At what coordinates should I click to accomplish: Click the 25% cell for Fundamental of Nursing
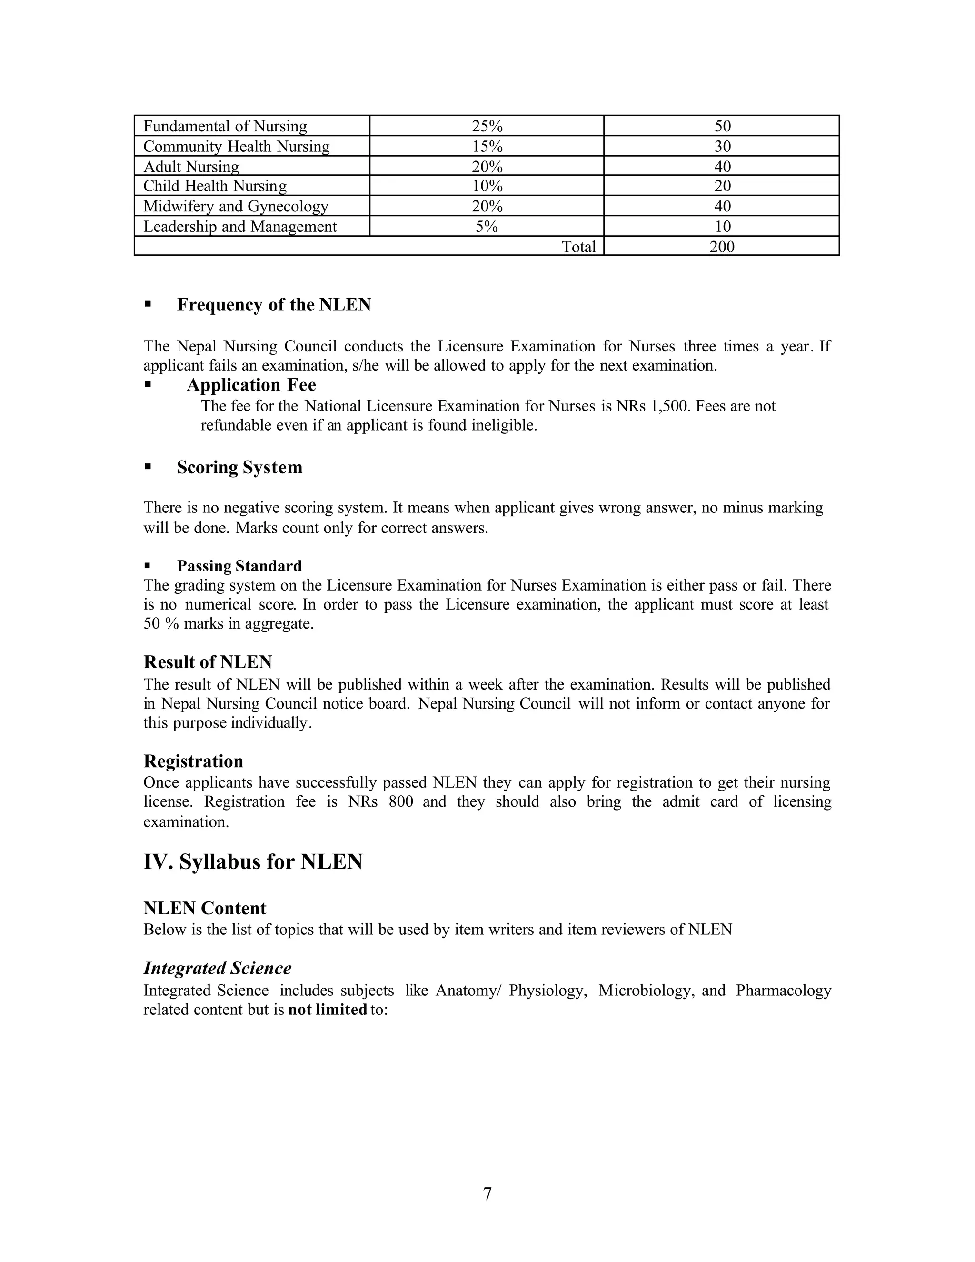click(x=487, y=126)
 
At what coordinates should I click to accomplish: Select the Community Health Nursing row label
click(x=236, y=146)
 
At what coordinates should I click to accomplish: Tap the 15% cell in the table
click(x=487, y=146)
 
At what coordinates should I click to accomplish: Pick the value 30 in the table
click(x=722, y=146)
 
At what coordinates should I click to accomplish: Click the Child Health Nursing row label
click(x=215, y=186)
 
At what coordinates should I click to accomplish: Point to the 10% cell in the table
click(x=487, y=186)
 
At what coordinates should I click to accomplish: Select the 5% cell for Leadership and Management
click(x=487, y=227)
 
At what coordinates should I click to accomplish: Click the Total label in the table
click(x=579, y=247)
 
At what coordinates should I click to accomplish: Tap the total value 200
click(x=722, y=247)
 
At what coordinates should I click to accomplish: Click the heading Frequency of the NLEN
click(x=274, y=305)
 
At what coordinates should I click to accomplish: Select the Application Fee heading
click(x=251, y=385)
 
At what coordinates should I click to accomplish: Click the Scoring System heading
click(x=240, y=468)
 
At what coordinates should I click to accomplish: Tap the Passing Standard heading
click(x=239, y=566)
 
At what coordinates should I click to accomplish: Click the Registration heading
click(x=193, y=761)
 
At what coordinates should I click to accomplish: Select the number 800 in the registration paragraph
click(x=401, y=802)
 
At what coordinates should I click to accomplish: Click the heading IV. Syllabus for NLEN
click(x=253, y=861)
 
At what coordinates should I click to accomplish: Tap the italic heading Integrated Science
click(x=217, y=968)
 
